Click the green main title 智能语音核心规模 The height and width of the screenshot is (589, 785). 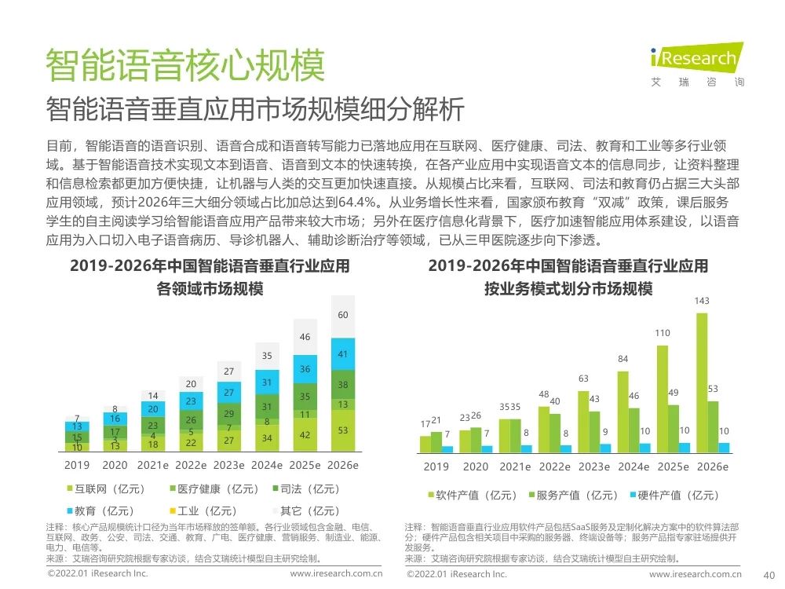184,66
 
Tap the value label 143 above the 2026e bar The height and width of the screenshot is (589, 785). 703,301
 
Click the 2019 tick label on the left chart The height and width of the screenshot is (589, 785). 77,465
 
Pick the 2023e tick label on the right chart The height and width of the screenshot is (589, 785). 593,466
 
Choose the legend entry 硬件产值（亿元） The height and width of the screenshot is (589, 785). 674,495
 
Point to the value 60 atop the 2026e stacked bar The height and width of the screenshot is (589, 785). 343,315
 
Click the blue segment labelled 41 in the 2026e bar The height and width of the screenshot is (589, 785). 343,354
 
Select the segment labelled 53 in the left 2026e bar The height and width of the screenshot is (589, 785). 343,430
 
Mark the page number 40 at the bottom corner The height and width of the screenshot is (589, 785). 769,575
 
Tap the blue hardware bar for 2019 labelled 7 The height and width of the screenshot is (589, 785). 447,449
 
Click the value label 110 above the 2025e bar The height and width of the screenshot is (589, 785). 663,333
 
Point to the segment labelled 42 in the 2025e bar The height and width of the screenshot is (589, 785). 305,435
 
